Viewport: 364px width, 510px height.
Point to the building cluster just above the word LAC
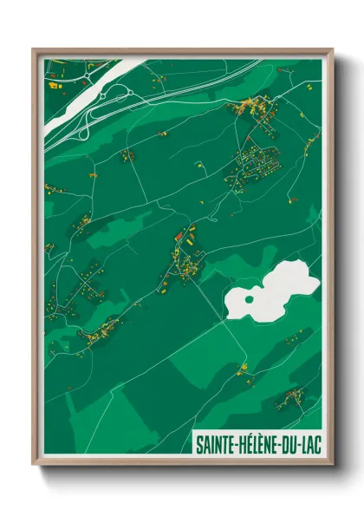pos(290,400)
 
